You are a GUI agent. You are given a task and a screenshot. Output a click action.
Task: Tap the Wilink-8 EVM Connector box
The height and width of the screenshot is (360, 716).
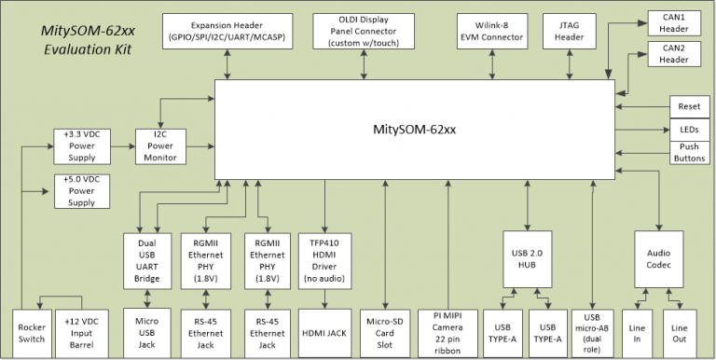[490, 32]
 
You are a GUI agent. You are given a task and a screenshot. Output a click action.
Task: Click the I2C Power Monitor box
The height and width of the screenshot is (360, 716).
[159, 145]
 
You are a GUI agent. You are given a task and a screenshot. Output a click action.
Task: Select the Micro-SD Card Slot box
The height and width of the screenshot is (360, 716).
[385, 333]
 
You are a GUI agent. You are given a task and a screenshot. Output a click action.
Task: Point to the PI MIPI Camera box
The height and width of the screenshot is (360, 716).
[446, 333]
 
